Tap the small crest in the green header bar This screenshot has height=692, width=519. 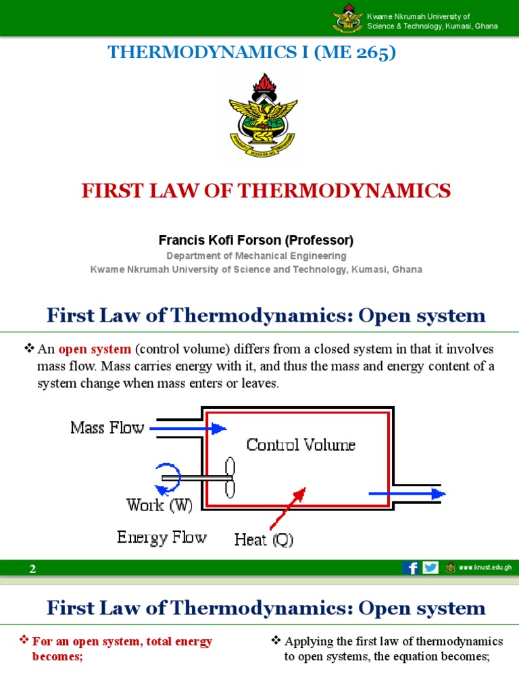click(x=348, y=20)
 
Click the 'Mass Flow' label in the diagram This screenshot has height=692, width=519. click(x=107, y=428)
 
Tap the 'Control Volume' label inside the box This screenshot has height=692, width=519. click(x=301, y=445)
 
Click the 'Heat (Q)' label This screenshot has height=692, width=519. click(x=264, y=540)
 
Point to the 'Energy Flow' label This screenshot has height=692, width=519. click(x=162, y=537)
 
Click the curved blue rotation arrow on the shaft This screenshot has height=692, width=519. click(x=168, y=477)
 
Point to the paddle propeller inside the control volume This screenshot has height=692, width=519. click(x=230, y=477)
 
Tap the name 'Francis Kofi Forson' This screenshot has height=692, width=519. click(x=216, y=240)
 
